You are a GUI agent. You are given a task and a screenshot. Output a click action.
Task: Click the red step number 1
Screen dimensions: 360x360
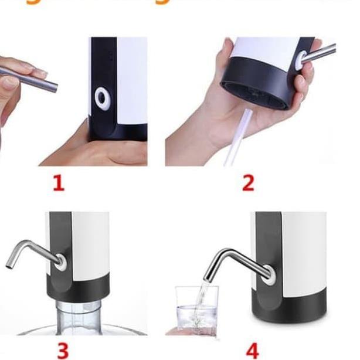[x=59, y=183]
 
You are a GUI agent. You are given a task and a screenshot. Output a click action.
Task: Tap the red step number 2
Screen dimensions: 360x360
[x=248, y=183]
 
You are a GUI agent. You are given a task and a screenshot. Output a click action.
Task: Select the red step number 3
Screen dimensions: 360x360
[x=62, y=351]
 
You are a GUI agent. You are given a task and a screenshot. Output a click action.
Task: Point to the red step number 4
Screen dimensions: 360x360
[x=252, y=351]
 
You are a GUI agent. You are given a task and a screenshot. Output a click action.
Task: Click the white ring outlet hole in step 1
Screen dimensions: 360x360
[x=103, y=99]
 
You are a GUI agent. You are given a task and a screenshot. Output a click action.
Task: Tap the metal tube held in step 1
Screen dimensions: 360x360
[x=29, y=79]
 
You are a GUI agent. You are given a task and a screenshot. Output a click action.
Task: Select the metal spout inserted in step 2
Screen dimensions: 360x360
[x=320, y=54]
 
